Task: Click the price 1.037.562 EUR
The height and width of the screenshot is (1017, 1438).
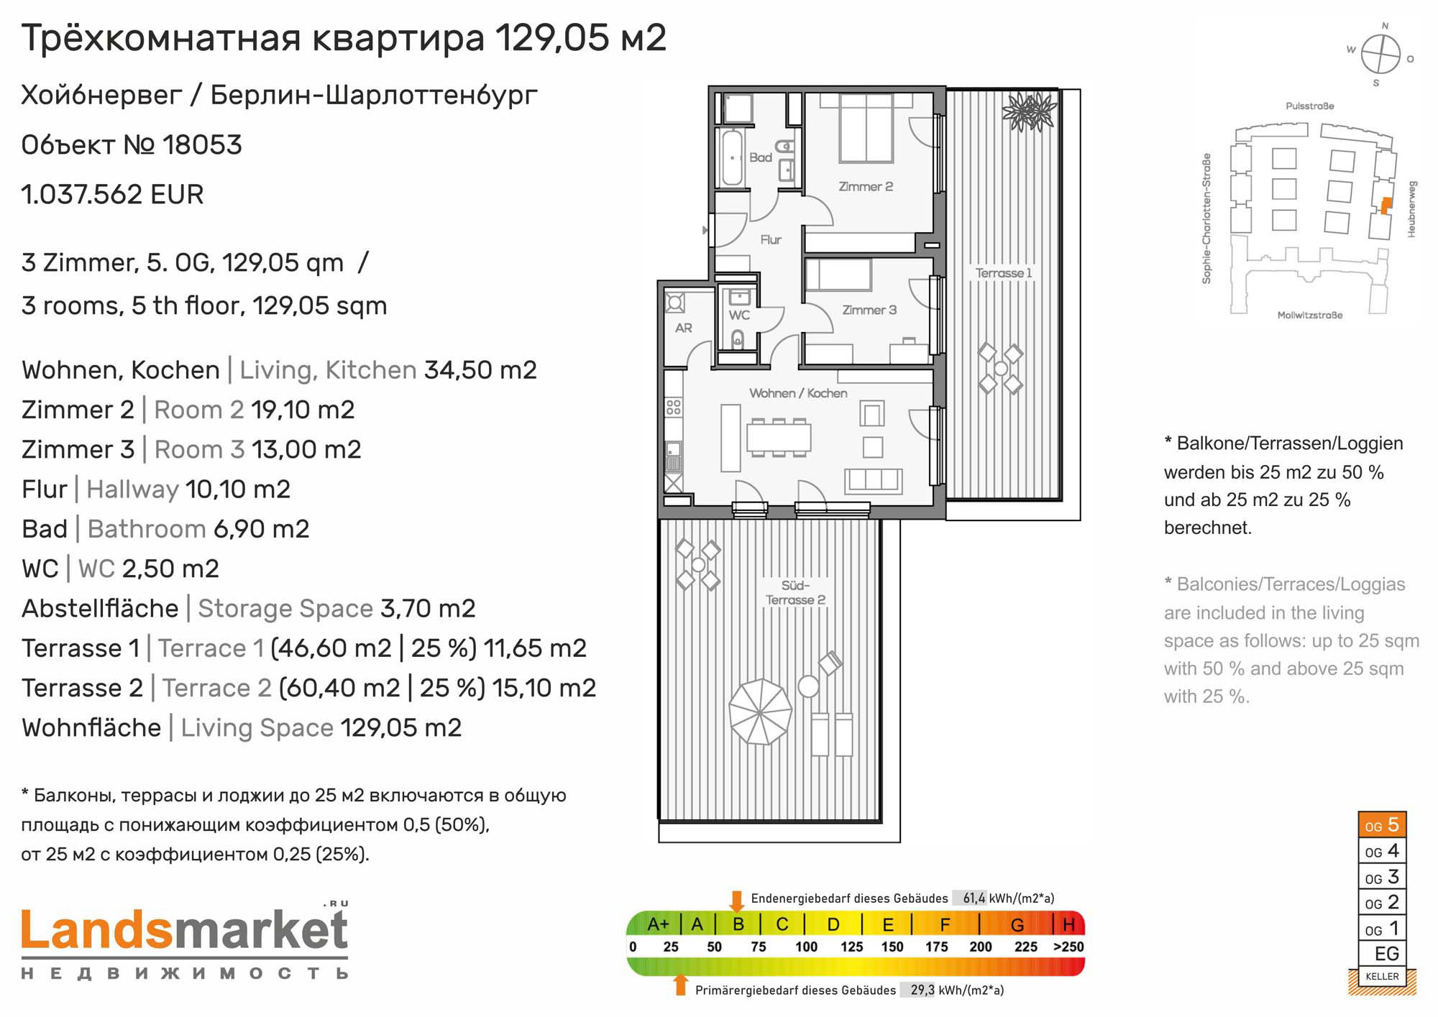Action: coord(113,194)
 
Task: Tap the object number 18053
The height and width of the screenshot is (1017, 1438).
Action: coord(202,144)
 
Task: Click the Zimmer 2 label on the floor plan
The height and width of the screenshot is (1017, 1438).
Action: coord(866,187)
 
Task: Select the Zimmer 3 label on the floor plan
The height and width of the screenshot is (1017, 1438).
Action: coord(869,310)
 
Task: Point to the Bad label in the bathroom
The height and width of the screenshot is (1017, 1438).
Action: coord(761,157)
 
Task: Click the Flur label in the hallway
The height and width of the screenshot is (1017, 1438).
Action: coord(771,239)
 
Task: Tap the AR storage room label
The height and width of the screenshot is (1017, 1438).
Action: coord(683,328)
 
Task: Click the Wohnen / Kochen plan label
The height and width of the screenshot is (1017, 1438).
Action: coord(798,393)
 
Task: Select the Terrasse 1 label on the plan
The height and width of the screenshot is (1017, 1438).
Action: coord(1004,273)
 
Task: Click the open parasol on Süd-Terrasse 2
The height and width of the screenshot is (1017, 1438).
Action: coord(760,712)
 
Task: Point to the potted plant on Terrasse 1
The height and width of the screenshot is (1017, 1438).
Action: coord(1030,112)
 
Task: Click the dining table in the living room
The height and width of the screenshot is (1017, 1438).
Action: coord(779,437)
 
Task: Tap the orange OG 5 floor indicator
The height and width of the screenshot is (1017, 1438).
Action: coord(1382,824)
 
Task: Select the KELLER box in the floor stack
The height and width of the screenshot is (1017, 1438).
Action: coord(1382,976)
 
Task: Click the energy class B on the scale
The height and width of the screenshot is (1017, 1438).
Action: coord(738,924)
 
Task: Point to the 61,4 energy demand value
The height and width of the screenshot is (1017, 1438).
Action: coord(974,898)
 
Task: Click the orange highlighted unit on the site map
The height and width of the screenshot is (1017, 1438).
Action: coord(1386,206)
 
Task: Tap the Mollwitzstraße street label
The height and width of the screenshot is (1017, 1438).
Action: coord(1309,316)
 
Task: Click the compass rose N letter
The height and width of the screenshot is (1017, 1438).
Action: coord(1385,26)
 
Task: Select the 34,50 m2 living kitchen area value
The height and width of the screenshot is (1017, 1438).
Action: coord(480,370)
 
